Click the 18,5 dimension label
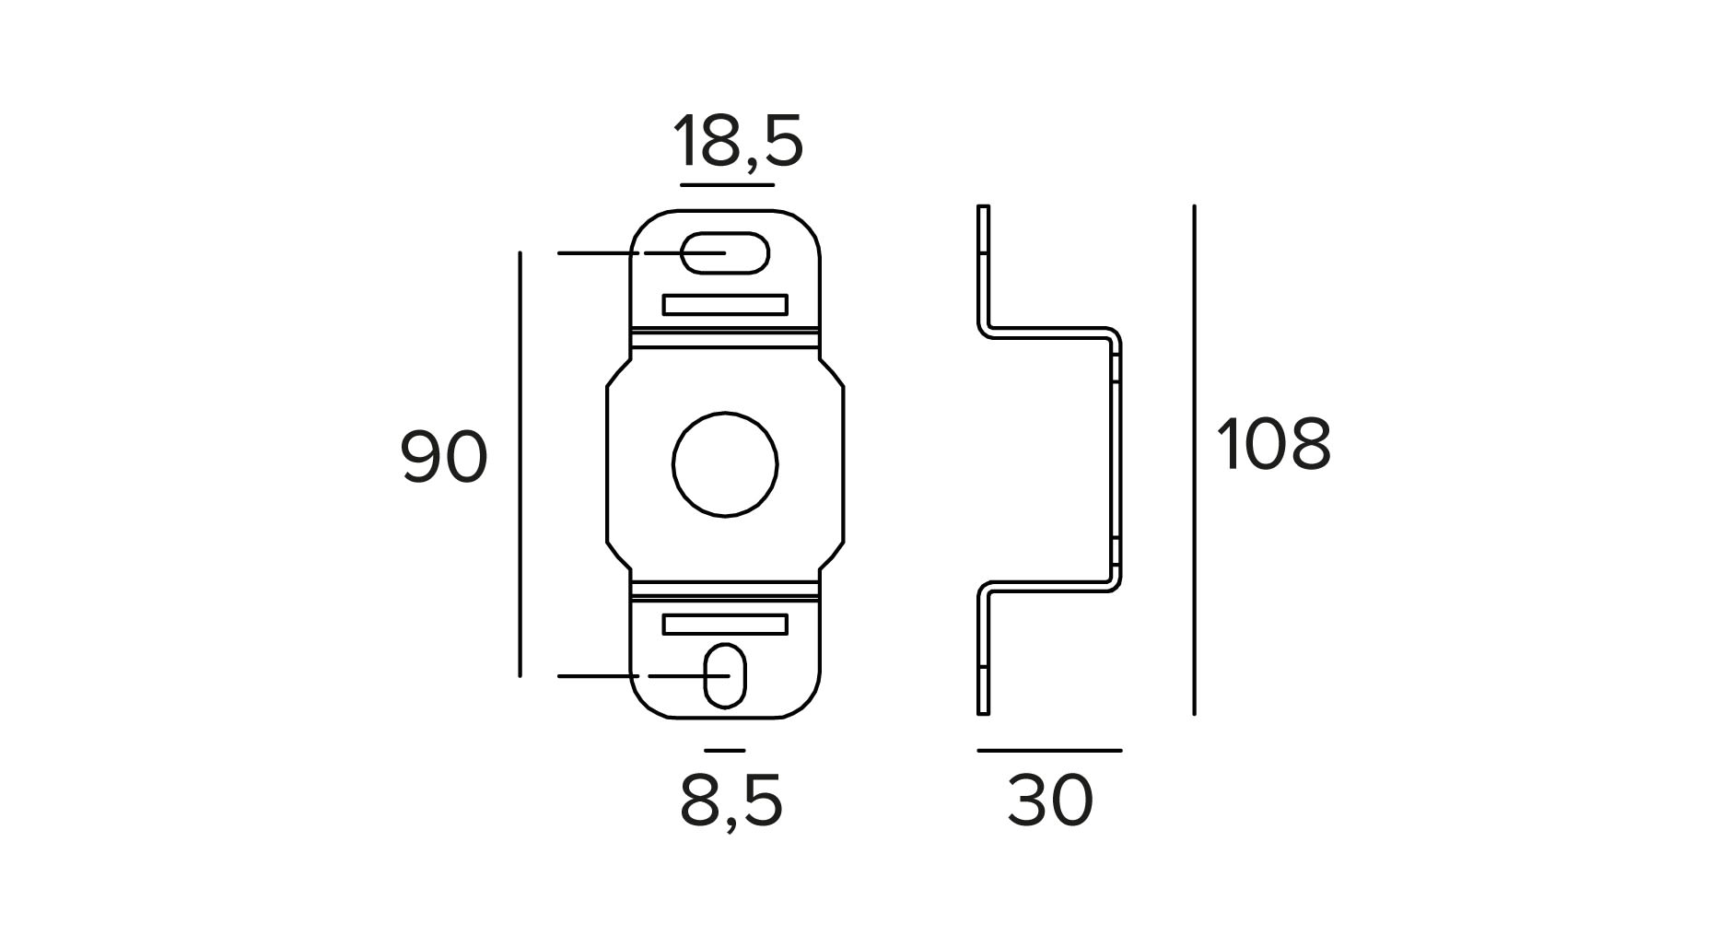click(738, 143)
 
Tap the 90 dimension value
click(443, 458)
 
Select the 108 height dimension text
click(1273, 444)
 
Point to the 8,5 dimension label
click(731, 800)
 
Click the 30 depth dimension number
click(1050, 800)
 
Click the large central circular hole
click(725, 463)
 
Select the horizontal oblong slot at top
click(725, 252)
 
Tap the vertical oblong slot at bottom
click(725, 675)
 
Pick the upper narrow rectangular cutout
click(725, 305)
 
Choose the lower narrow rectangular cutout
click(725, 625)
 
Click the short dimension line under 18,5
click(727, 185)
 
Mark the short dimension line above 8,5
click(724, 751)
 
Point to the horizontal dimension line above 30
click(1049, 751)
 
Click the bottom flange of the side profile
click(982, 654)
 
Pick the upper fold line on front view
click(725, 329)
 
